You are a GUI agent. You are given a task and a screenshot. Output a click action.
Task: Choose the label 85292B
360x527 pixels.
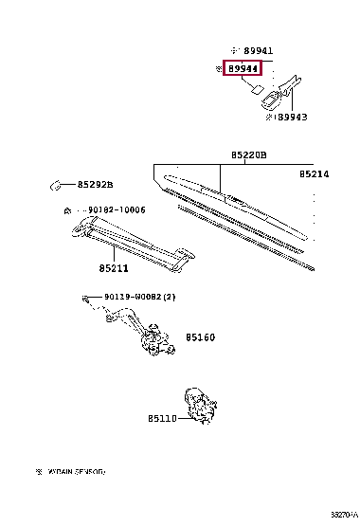[x=95, y=184]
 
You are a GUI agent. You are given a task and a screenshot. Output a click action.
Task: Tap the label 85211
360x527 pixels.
[x=112, y=268]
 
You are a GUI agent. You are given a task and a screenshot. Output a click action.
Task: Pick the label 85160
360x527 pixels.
[x=200, y=336]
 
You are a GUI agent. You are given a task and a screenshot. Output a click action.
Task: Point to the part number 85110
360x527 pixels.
[x=162, y=417]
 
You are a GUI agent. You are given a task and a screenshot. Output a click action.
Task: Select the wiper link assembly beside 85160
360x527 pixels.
[x=137, y=333]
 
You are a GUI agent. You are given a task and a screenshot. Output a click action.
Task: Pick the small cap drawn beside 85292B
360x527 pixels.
[x=57, y=183]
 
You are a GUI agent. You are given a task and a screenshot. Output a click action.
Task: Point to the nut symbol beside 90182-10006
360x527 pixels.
[x=66, y=209]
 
